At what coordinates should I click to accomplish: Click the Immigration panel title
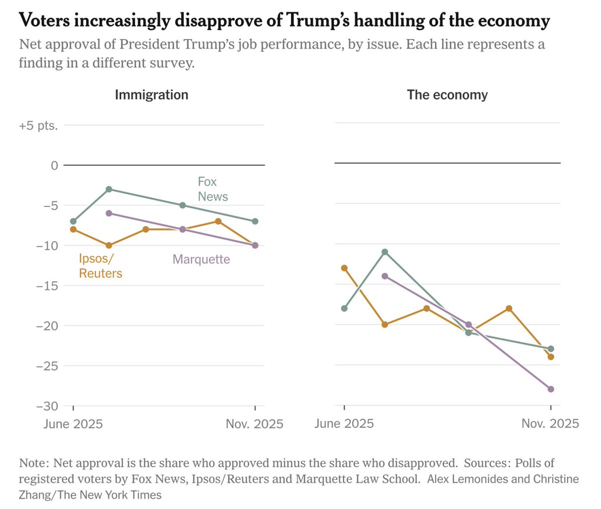[x=151, y=95]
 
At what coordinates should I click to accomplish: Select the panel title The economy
[x=447, y=95]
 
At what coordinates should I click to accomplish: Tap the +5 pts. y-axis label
[x=39, y=125]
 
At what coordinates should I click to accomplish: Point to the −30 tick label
[x=47, y=406]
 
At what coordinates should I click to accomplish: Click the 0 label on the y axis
[x=54, y=165]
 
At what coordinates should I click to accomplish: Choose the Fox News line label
[x=212, y=189]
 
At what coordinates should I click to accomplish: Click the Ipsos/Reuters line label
[x=100, y=266]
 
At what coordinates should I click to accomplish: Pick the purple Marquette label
[x=201, y=259]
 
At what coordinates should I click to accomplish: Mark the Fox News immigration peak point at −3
[x=109, y=189]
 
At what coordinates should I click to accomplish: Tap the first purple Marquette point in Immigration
[x=109, y=213]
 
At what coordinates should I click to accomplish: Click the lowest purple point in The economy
[x=551, y=389]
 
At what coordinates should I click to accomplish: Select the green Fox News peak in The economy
[x=385, y=252]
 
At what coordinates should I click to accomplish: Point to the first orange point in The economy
[x=344, y=268]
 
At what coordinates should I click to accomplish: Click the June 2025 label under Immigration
[x=73, y=424]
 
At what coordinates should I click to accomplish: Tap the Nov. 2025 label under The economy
[x=550, y=424]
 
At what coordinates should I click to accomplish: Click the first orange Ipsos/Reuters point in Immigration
[x=73, y=229]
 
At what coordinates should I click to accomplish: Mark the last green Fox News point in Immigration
[x=255, y=221]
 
